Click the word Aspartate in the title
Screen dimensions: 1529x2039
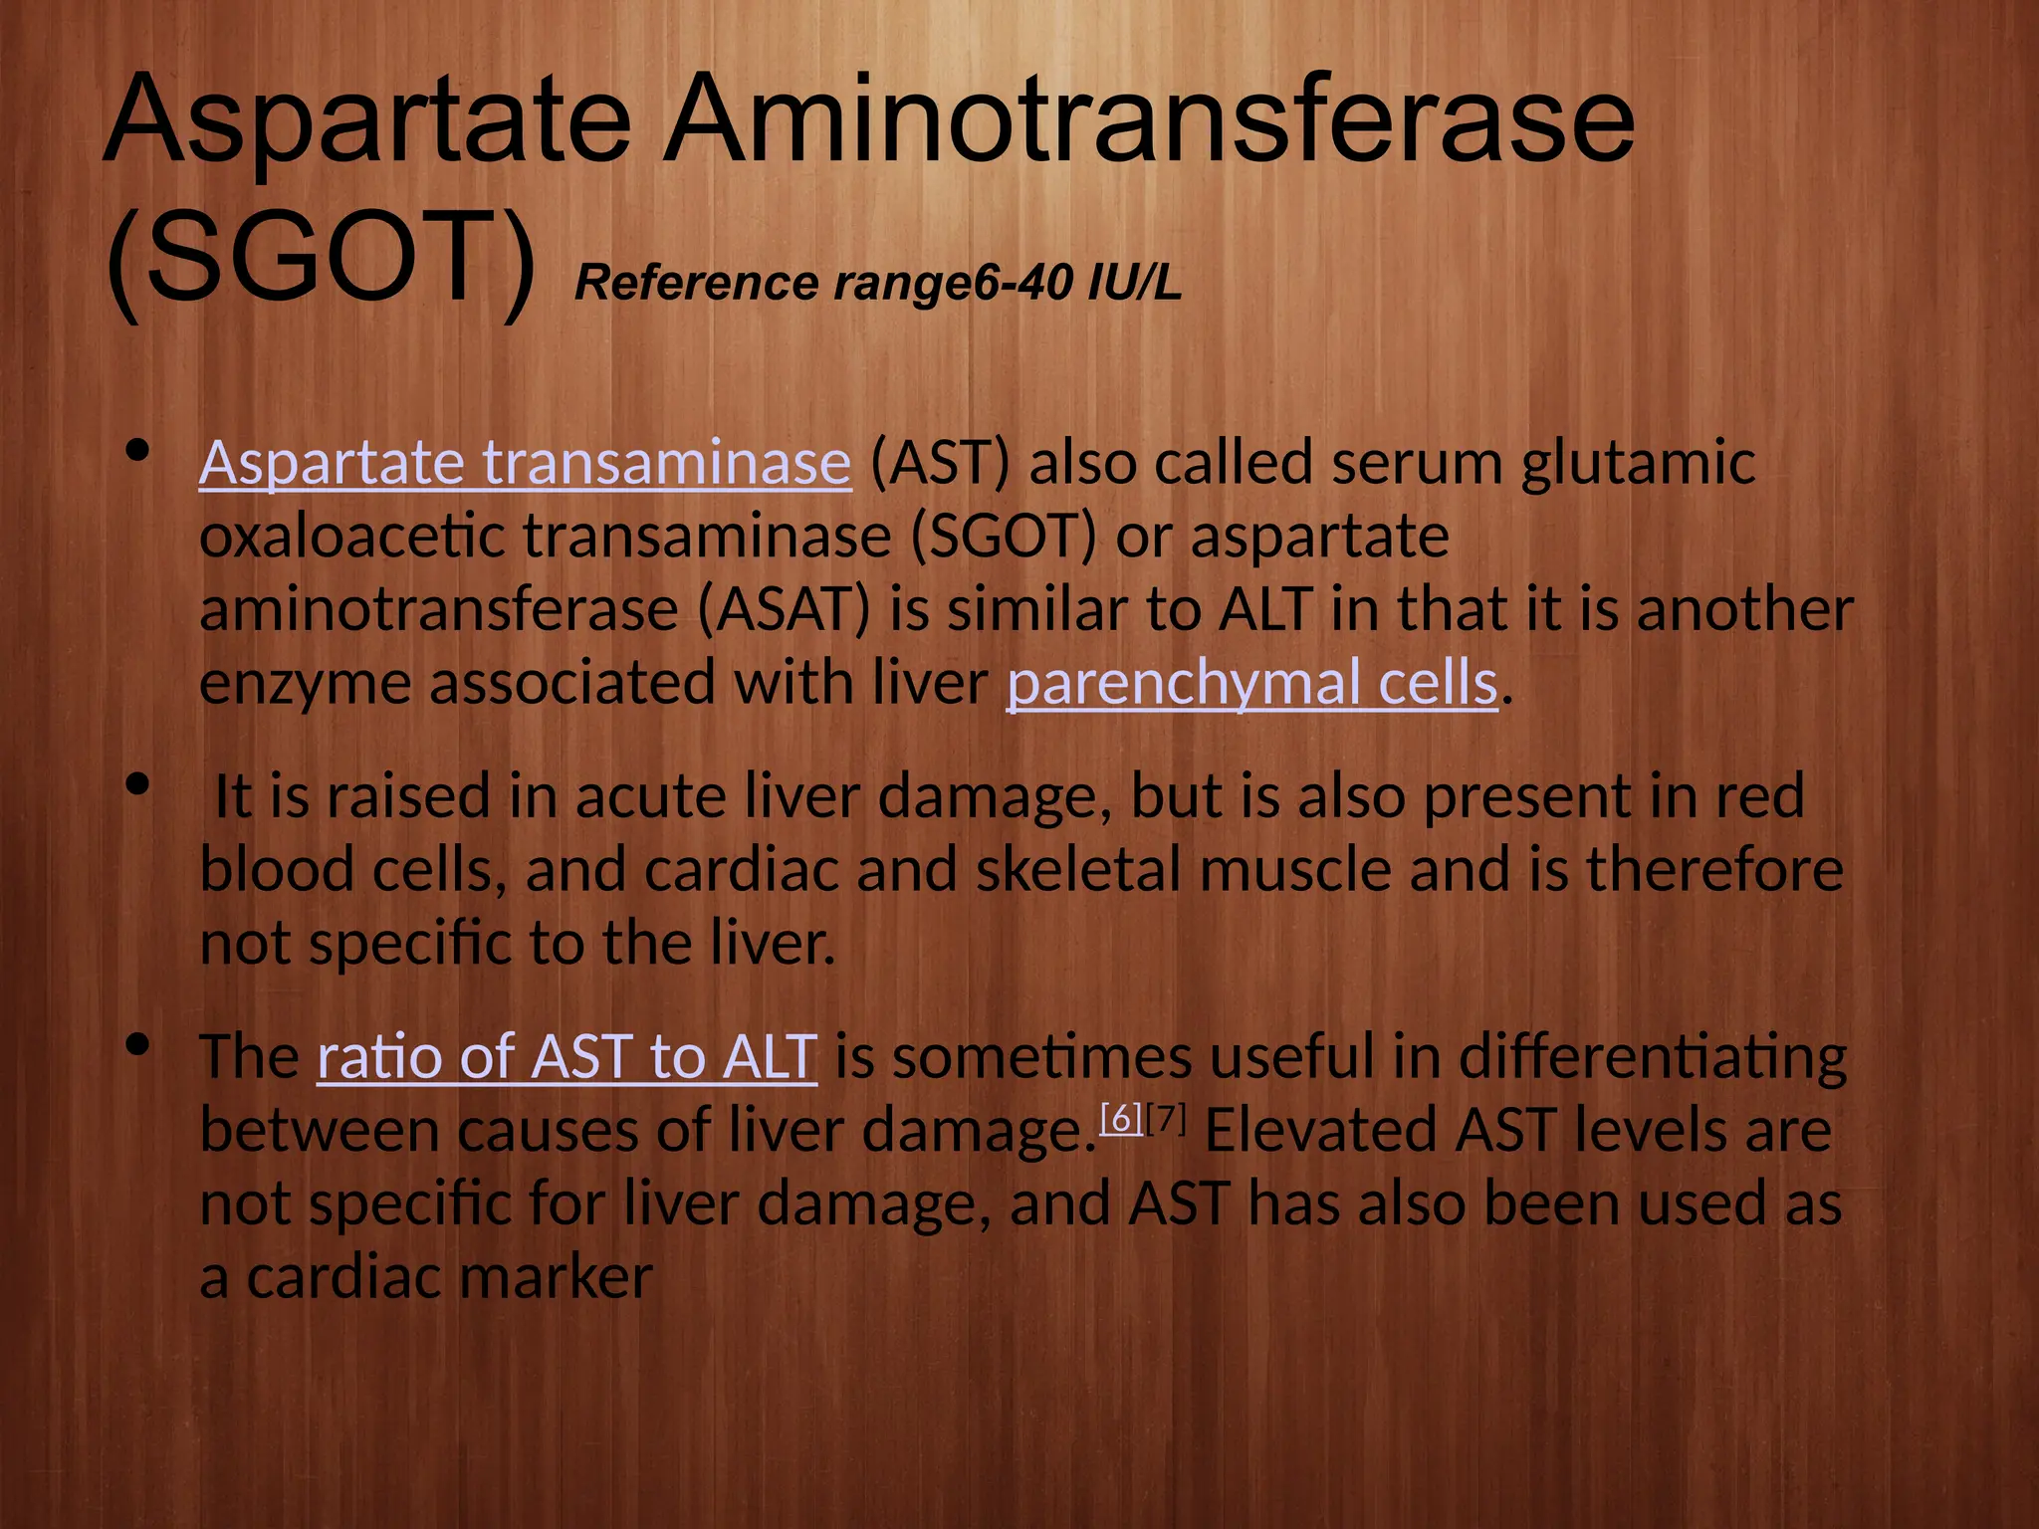(x=366, y=121)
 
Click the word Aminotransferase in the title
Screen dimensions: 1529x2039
(x=1149, y=121)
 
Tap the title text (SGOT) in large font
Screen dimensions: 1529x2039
(x=321, y=259)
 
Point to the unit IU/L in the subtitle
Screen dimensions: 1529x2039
(x=1134, y=284)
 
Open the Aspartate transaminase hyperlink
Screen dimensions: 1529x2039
(x=525, y=463)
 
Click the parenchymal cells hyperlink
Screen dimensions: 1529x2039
(x=1251, y=684)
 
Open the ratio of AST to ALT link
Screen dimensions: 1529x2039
(x=566, y=1056)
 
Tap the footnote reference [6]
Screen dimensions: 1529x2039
(x=1121, y=1120)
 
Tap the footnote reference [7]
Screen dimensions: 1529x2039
(x=1166, y=1120)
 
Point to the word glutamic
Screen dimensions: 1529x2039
(x=1638, y=465)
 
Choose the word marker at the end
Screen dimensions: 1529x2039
(x=556, y=1277)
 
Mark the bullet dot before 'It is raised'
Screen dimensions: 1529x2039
(x=138, y=785)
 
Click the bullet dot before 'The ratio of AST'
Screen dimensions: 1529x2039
(x=138, y=1045)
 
